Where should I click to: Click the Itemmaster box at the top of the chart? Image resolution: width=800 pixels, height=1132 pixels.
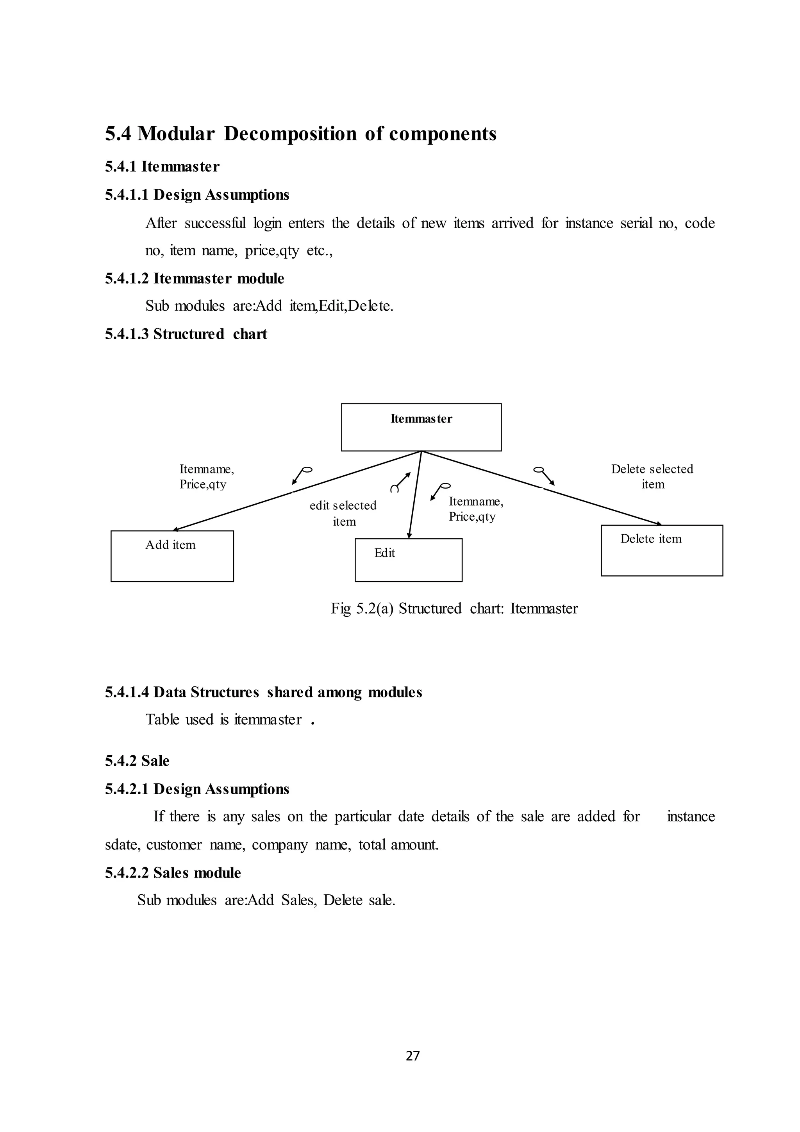coord(421,427)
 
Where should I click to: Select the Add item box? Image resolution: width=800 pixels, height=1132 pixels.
coord(172,556)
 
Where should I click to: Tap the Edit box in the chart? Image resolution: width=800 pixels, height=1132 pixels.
coord(408,560)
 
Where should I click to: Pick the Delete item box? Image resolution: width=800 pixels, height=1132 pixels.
coord(662,550)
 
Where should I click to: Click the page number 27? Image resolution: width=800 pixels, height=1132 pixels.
coord(412,1055)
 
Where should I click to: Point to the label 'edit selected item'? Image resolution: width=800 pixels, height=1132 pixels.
coord(343,513)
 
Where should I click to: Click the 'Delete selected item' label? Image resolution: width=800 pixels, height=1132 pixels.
coord(652,476)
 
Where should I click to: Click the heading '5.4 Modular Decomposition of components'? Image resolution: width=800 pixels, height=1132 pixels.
coord(300,134)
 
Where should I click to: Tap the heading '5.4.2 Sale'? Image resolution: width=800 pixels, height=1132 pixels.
coord(137,760)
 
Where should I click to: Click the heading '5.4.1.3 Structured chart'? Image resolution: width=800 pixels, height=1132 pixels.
coord(186,334)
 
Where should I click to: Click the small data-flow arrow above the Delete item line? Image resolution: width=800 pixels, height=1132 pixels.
coord(545,475)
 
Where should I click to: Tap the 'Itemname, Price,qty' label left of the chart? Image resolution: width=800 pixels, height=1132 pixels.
coord(206,476)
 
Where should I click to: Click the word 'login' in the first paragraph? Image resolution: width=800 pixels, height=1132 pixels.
coord(268,223)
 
